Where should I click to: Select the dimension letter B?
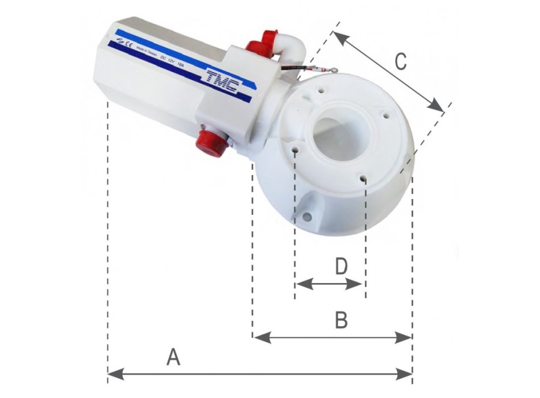click(341, 321)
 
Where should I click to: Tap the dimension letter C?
click(401, 61)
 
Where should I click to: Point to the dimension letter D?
click(340, 266)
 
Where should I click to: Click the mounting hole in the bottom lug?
click(308, 217)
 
